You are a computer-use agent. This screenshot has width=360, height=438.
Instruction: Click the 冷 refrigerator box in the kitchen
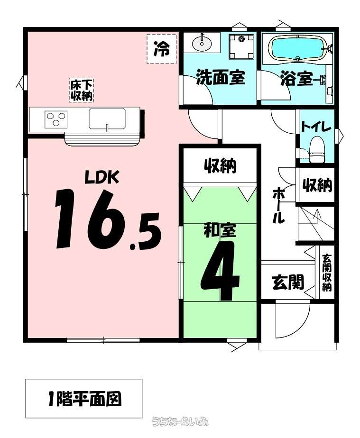162,49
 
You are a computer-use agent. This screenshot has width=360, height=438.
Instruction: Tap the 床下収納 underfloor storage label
81,90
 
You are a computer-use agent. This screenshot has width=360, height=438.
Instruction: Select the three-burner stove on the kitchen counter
56,119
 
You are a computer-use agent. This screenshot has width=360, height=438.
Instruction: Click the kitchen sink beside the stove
107,119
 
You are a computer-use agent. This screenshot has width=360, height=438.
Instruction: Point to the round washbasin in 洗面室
202,43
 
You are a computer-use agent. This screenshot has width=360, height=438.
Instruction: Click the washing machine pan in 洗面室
241,46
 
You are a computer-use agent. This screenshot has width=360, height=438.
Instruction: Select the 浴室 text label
296,78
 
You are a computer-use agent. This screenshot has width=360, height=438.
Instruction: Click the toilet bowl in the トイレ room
317,149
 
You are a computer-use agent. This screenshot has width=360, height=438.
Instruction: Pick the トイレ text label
316,127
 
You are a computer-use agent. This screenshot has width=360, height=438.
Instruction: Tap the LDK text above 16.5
102,177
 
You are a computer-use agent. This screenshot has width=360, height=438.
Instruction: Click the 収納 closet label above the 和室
220,165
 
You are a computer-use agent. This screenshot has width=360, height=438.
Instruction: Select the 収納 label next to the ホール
317,185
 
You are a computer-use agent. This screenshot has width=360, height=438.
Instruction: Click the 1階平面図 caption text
85,399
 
